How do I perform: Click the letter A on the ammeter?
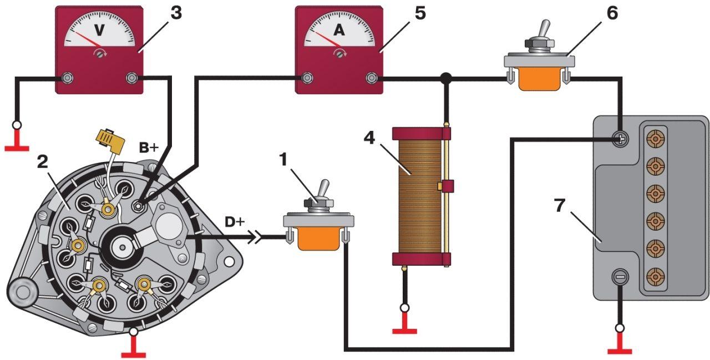click(x=338, y=32)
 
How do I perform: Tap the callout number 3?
click(x=175, y=13)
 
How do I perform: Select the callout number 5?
click(x=420, y=13)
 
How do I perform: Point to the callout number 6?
click(x=612, y=13)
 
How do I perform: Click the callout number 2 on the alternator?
click(x=42, y=162)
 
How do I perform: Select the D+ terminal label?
click(x=235, y=222)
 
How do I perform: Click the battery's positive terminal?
click(x=620, y=139)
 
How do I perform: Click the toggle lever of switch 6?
click(x=546, y=29)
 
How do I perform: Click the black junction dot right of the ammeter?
click(x=445, y=79)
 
